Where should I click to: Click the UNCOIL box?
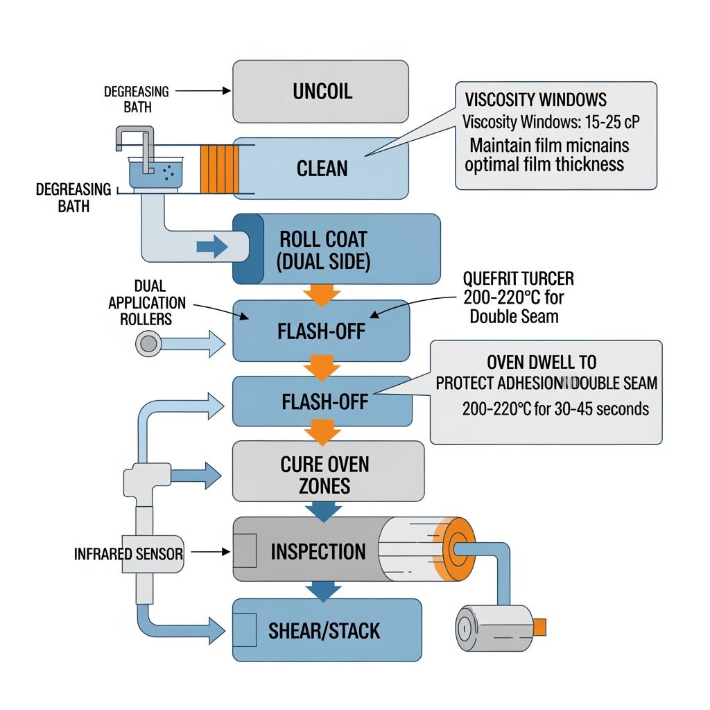click(x=320, y=92)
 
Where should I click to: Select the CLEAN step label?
click(x=322, y=168)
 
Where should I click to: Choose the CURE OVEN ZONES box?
click(x=327, y=474)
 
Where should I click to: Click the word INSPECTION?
click(x=318, y=552)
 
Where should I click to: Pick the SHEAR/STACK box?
click(x=326, y=630)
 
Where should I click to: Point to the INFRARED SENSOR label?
click(x=128, y=554)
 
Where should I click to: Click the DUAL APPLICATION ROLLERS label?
click(x=147, y=303)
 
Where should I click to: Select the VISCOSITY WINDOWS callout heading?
click(x=535, y=100)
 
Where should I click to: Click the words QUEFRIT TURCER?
click(x=518, y=279)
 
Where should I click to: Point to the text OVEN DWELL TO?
click(x=542, y=362)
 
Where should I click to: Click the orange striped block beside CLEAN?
click(x=214, y=169)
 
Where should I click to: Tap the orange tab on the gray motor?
click(x=539, y=627)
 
